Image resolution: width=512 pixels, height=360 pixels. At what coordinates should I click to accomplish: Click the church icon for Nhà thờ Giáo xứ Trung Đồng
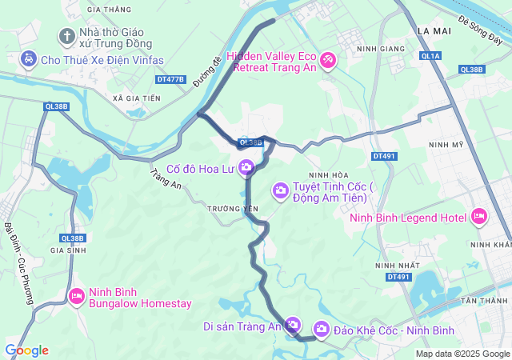[x=66, y=36]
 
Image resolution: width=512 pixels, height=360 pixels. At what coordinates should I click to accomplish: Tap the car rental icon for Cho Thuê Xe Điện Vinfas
[x=28, y=59]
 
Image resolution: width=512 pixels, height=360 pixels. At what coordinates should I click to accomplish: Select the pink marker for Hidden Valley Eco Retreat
[x=328, y=61]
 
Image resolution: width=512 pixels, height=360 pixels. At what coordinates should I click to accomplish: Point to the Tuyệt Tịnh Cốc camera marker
[x=281, y=190]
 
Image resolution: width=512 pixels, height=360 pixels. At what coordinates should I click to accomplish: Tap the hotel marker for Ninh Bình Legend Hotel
[x=479, y=216]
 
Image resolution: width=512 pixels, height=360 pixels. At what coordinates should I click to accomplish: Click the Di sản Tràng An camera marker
[x=293, y=325]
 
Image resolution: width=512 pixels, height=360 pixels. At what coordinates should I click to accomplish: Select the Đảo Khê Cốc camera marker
[x=322, y=329]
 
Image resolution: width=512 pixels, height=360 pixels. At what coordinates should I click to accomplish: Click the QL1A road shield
[x=431, y=56]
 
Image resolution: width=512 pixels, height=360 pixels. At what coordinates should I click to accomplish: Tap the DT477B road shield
[x=171, y=79]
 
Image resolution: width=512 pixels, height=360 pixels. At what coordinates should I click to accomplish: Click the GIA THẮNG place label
[x=111, y=10]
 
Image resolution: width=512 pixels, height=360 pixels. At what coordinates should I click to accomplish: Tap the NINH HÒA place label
[x=329, y=174]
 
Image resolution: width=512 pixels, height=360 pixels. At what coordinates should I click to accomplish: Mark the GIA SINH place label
[x=68, y=250]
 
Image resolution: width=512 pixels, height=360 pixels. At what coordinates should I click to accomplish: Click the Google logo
[x=26, y=350]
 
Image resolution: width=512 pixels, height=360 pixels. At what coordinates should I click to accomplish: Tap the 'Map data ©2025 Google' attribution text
[x=462, y=354]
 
